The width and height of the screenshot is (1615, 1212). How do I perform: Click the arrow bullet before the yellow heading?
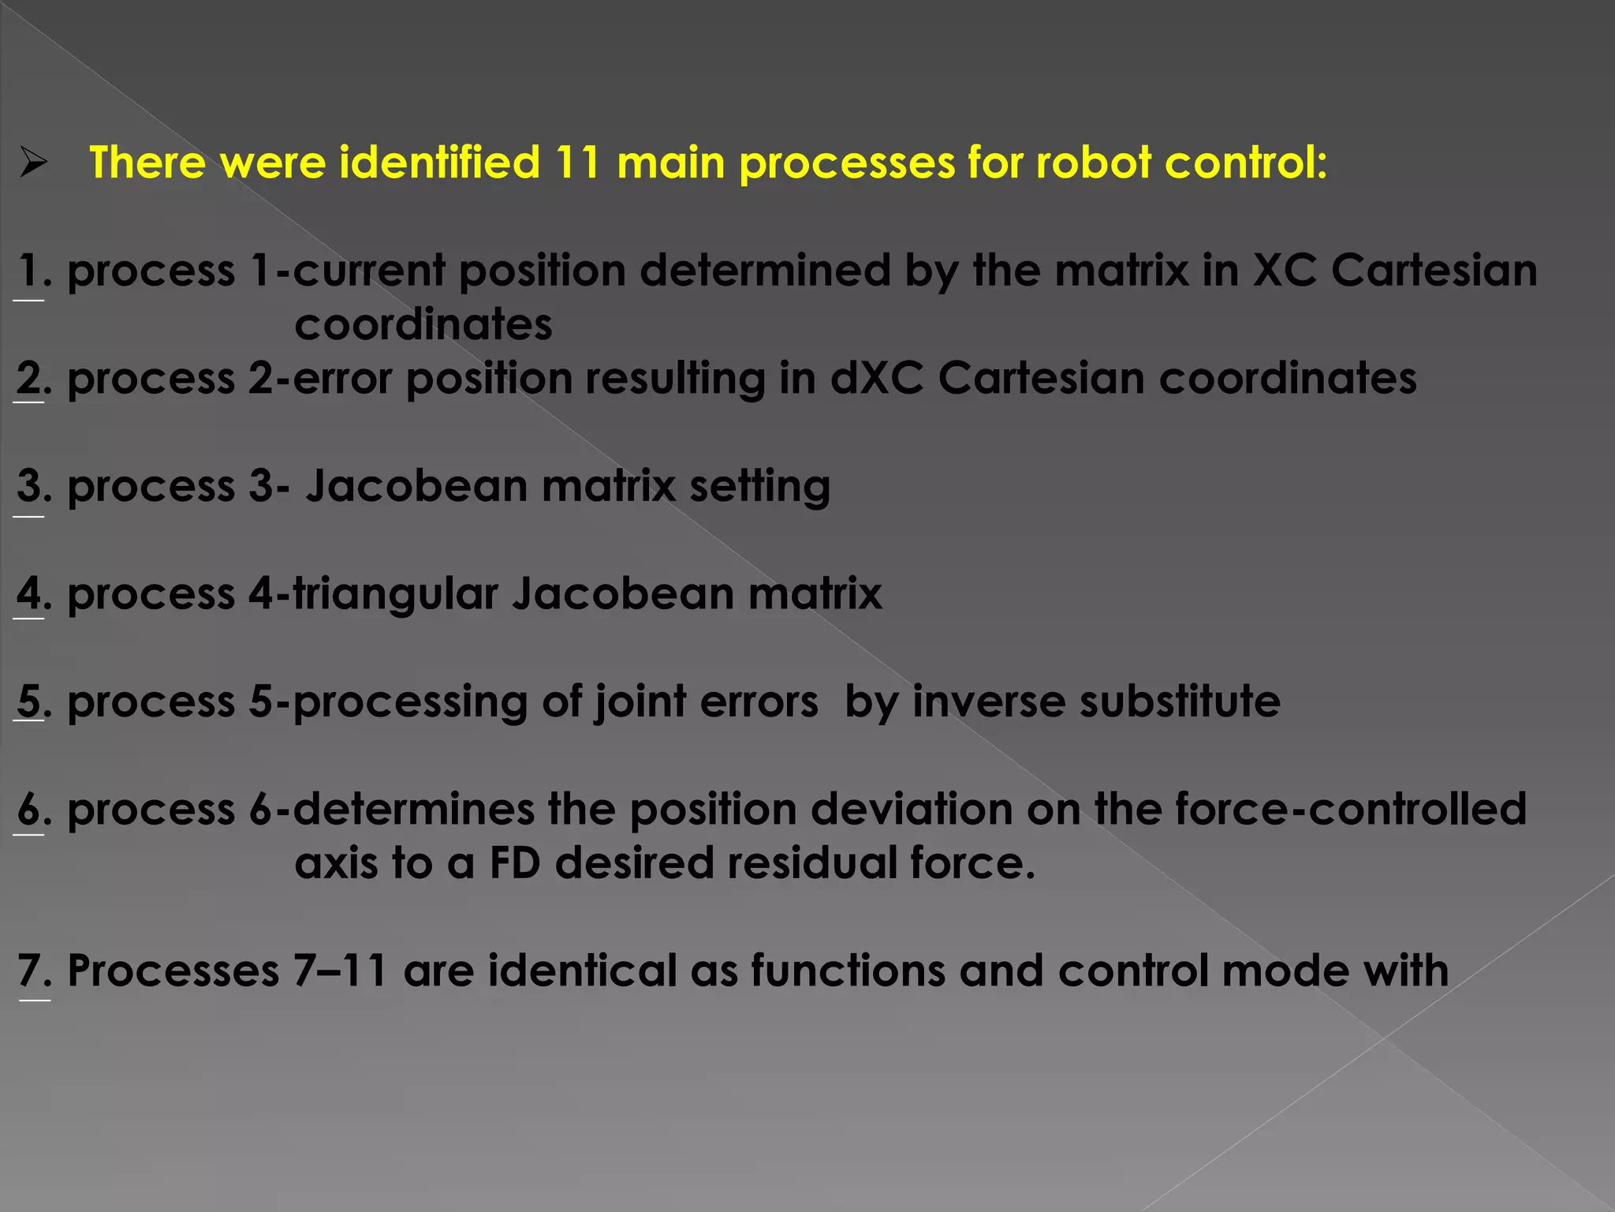34,163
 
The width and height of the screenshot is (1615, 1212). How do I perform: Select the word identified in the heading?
439,163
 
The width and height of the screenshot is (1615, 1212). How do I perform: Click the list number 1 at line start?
28,271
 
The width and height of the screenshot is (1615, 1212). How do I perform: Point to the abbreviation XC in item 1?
1285,271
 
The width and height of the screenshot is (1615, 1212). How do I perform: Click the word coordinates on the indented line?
423,324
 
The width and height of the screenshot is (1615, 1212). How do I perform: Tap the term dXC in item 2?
876,378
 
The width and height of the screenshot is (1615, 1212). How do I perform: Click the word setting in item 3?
759,486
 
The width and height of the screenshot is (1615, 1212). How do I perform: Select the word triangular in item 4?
396,593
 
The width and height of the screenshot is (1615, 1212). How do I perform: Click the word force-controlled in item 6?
1350,810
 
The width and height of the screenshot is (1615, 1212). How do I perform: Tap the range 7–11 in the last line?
340,971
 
